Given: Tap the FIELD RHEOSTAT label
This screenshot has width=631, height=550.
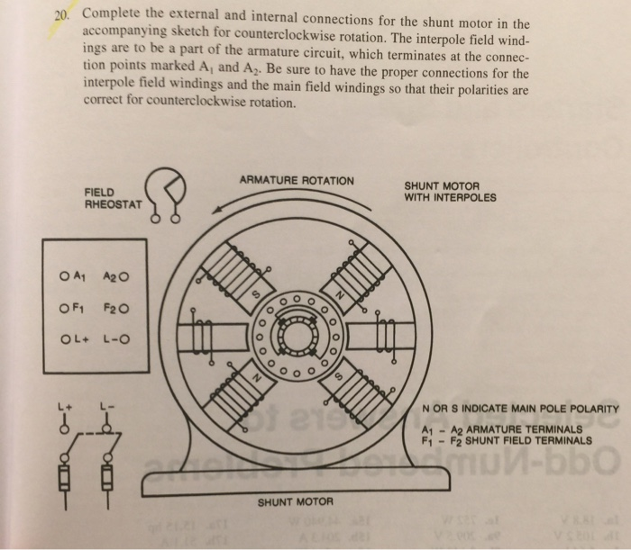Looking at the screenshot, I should click(x=112, y=198).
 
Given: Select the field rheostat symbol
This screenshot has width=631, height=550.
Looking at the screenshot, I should click(x=169, y=191).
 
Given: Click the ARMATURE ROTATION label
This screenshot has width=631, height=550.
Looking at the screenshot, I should click(x=296, y=181).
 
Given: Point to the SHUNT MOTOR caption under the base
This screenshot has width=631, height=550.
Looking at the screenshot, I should click(x=297, y=500).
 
